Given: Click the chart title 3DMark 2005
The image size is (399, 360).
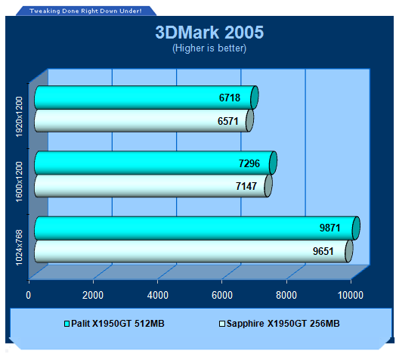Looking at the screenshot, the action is pos(209,33).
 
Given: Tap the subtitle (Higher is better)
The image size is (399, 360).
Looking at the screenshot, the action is pos(209,48).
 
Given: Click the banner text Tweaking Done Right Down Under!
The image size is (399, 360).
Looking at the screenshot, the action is pos(85,11).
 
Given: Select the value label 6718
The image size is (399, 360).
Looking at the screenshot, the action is pos(230,98).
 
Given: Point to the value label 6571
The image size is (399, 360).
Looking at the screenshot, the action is pos(228,121).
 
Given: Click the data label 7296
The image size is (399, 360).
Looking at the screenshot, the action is pos(249,163).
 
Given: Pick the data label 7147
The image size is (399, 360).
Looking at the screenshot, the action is pos(246,186).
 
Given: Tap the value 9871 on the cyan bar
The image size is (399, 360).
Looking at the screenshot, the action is pos(329,228).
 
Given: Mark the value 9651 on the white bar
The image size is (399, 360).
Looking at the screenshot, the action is pos(323,251).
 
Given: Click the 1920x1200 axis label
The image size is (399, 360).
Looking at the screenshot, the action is pos(19,116).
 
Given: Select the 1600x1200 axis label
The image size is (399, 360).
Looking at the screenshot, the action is pos(19,182).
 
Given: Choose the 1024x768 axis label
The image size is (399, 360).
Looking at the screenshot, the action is pos(19,247).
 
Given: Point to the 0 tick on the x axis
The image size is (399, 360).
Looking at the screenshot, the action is pos(28,295).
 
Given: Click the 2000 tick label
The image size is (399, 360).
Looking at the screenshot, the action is pos(93,295).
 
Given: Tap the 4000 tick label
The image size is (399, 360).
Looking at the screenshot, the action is pos(157,295).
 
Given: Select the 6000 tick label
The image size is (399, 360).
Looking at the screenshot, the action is pos(222,295).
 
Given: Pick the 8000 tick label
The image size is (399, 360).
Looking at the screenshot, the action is pos(286,295).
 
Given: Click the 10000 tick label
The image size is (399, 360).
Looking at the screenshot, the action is pos(351,295).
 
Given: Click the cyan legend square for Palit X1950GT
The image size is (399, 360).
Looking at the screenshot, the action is pos(66,324).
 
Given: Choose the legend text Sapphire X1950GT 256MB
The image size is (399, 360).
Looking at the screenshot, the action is pos(283,324).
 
